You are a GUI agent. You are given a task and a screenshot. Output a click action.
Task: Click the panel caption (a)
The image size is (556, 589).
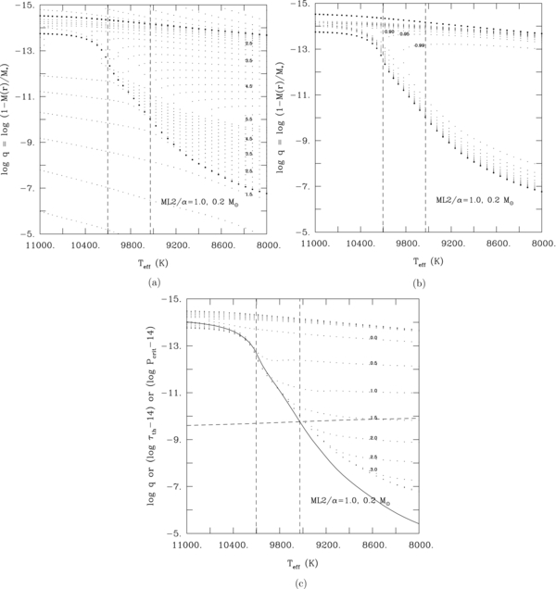pyautogui.click(x=152, y=281)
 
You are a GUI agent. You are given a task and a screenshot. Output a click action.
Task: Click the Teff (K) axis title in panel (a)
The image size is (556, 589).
pyautogui.click(x=152, y=263)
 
